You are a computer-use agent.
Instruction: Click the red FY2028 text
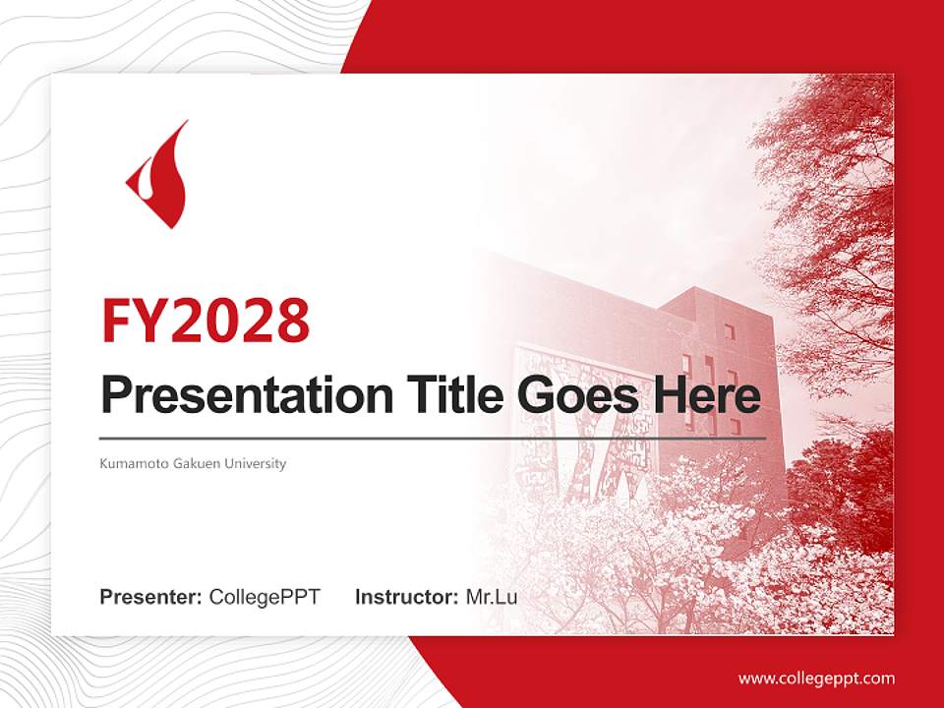[206, 321]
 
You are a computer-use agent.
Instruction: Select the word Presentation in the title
[247, 395]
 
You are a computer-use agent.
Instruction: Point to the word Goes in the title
[578, 395]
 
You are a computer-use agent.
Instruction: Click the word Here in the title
[707, 394]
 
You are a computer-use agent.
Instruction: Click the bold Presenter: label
[150, 597]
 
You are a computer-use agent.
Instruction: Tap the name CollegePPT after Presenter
[265, 597]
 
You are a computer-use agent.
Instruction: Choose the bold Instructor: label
[406, 597]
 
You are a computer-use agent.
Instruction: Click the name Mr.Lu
[492, 597]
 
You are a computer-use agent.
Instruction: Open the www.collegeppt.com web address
[816, 678]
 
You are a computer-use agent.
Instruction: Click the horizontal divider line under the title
[433, 439]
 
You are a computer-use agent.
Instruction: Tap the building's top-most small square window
[729, 331]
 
